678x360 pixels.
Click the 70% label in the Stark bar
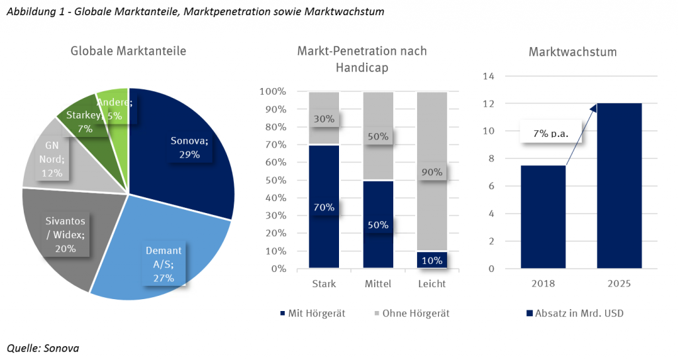[x=324, y=207]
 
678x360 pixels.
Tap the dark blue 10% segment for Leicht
[x=430, y=260]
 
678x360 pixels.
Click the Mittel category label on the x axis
[x=377, y=284]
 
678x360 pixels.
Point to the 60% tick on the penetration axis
[x=273, y=162]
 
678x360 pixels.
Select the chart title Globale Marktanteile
[x=128, y=52]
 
